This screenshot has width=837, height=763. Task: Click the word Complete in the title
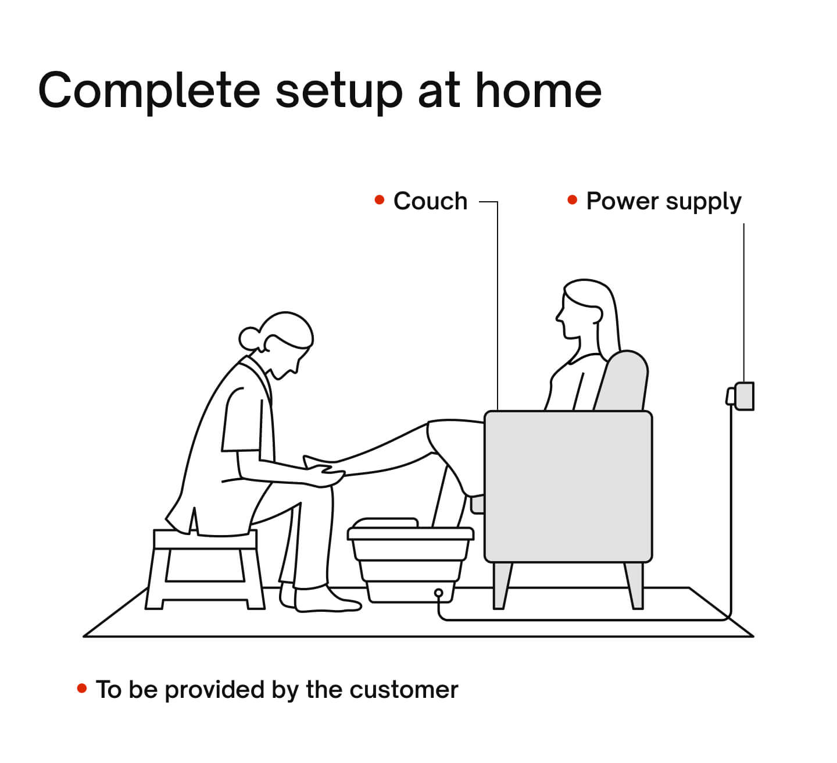coord(149,91)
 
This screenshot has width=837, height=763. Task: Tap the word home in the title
coord(538,91)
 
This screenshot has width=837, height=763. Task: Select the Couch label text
coord(430,201)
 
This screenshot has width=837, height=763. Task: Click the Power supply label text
coord(663,201)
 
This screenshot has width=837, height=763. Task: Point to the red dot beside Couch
coord(380,200)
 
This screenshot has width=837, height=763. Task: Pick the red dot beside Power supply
coord(572,200)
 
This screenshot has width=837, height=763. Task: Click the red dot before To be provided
coord(82,689)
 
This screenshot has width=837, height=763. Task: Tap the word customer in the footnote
coord(403,690)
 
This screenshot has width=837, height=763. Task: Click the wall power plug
coord(741,396)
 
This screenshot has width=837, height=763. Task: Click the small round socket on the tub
coord(439,594)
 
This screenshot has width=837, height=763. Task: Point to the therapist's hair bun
coord(249,338)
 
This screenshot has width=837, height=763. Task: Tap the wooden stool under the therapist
coord(205,567)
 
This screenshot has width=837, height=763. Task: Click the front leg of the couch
coord(502,584)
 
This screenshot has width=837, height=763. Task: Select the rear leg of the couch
coord(635,584)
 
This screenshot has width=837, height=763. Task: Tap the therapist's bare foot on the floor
coord(325,601)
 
